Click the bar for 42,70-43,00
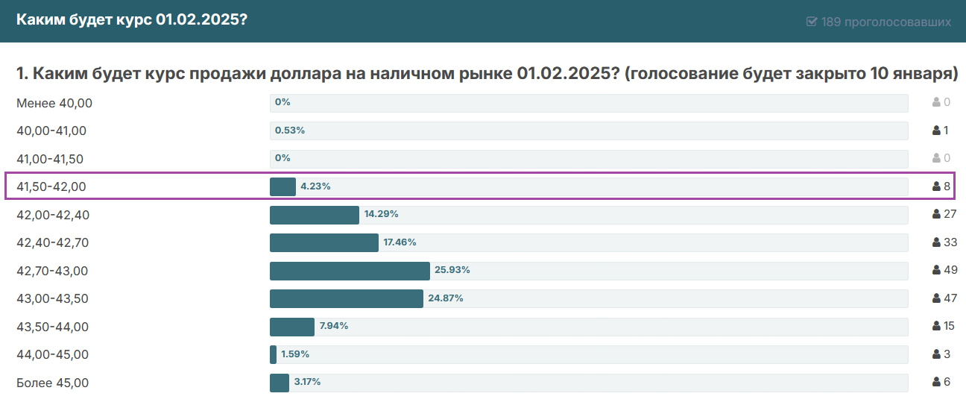350,271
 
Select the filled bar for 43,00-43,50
347,299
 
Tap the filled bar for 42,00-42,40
315,215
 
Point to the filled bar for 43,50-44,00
292,327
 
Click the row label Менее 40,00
54,103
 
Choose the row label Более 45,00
52,383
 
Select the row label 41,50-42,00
51,186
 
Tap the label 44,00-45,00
52,354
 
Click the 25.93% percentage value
452,270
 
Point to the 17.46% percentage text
400,242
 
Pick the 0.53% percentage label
290,131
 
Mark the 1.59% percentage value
295,354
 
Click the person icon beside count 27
936,215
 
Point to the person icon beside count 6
936,383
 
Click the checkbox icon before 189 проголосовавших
812,22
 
